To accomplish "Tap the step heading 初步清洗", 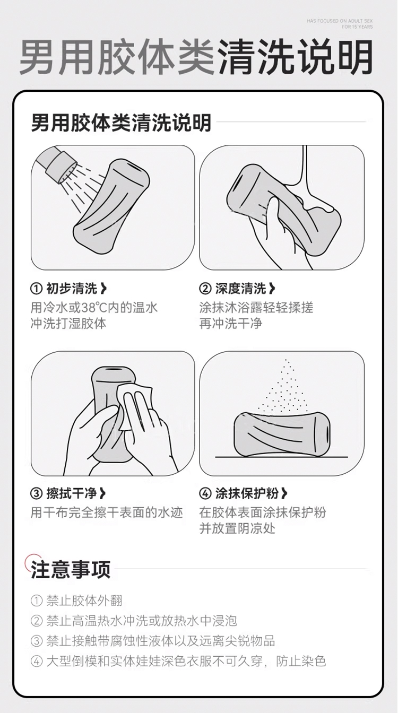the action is point(72,289).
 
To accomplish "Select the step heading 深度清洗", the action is point(240,289).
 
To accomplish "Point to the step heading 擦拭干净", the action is point(72,494).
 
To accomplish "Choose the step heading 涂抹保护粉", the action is point(247,494).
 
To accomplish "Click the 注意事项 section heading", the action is point(71,570).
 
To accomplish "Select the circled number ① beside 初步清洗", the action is point(36,289).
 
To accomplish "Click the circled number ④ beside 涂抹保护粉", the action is point(205,494).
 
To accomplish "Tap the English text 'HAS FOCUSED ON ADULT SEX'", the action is point(340,21).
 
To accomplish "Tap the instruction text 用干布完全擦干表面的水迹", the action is point(107,513).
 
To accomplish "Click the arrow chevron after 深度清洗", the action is point(272,289).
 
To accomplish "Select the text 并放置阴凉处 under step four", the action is point(237,529).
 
